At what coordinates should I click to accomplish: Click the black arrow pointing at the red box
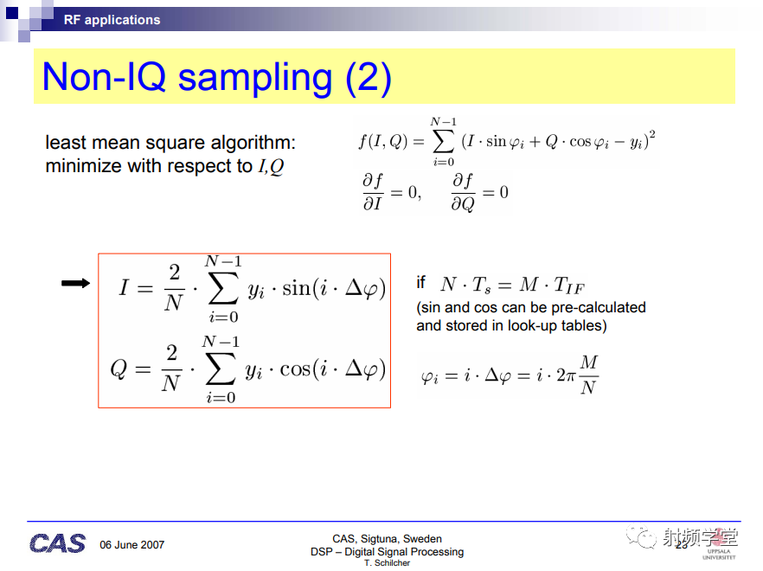pos(76,283)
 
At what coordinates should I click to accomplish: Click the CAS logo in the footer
pos(57,543)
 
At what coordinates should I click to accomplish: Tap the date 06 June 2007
pos(131,545)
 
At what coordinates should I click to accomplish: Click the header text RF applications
pos(112,20)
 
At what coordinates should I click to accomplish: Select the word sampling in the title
pos(255,78)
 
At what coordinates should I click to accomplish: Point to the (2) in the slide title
pos(369,78)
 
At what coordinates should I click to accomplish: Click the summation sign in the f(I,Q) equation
pos(443,142)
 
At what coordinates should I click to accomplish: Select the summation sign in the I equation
pos(223,289)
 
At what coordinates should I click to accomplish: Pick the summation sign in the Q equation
pos(221,369)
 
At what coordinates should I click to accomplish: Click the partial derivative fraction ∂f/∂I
pos(373,192)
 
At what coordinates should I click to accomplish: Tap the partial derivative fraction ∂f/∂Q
pos(463,193)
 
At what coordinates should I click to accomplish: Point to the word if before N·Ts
pos(421,282)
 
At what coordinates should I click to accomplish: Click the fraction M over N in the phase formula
pos(589,375)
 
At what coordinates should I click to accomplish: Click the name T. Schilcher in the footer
pos(388,562)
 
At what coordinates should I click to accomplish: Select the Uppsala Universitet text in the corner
pos(719,555)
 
